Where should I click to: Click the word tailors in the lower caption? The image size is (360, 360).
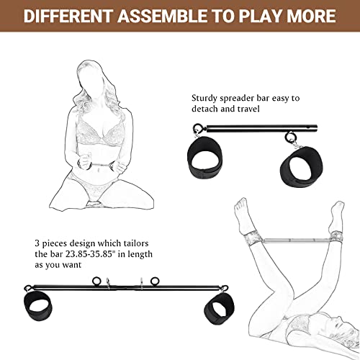(x=142, y=243)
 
